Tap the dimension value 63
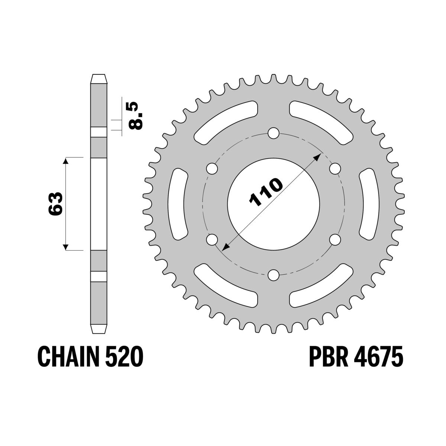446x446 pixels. (x=55, y=204)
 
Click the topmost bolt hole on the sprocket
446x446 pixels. (x=274, y=133)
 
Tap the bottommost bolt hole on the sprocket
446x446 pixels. (x=274, y=275)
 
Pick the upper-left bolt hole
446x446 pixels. (x=212, y=168)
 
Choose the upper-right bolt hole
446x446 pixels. (x=335, y=168)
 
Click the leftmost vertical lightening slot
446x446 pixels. (x=178, y=204)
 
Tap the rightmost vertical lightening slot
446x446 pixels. (x=369, y=204)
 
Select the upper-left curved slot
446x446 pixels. (x=225, y=122)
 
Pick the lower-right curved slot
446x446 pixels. (x=322, y=286)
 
